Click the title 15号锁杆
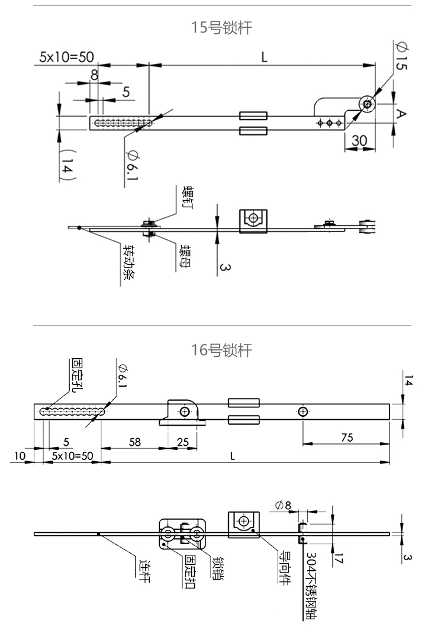click(x=222, y=28)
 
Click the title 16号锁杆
click(x=222, y=351)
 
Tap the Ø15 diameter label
click(x=400, y=56)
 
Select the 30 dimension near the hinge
click(x=359, y=141)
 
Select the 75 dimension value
click(x=347, y=438)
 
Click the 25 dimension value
click(x=183, y=441)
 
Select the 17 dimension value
click(x=338, y=558)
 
